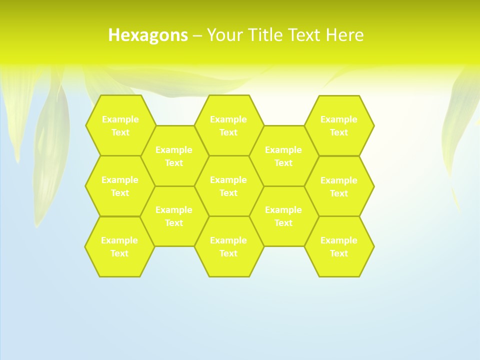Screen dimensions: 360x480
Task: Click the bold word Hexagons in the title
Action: tap(148, 35)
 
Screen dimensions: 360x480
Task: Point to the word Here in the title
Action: tap(344, 35)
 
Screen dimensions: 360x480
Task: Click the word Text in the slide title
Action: tap(305, 35)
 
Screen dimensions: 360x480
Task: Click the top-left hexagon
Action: tap(120, 125)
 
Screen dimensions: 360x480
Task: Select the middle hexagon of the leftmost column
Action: tap(120, 186)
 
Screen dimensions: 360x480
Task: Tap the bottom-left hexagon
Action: tap(119, 246)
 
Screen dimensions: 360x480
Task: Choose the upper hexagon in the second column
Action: tap(174, 155)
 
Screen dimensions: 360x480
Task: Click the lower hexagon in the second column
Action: tap(174, 216)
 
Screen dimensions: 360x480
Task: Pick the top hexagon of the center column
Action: tap(228, 125)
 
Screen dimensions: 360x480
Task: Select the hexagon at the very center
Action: tap(228, 186)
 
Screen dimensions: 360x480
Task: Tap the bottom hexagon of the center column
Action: tap(228, 246)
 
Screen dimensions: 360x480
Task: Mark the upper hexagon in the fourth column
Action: tap(283, 155)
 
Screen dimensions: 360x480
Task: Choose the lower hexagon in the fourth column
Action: tap(283, 216)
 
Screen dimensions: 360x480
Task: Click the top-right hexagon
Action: tap(339, 125)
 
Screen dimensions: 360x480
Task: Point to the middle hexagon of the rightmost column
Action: tap(339, 186)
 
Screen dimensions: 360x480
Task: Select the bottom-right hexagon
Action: tap(339, 246)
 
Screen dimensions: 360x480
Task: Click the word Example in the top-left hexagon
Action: tap(120, 119)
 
